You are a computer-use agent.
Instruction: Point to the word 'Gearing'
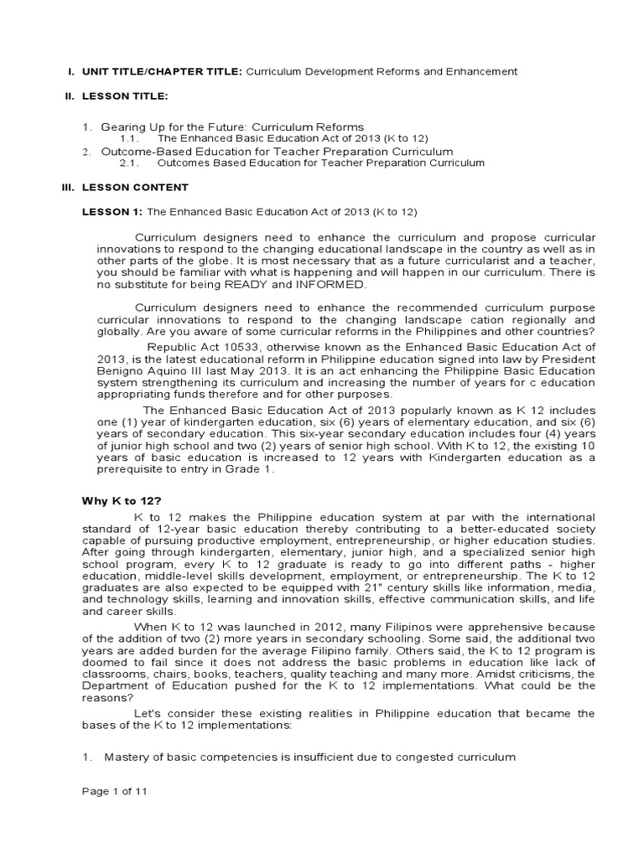[x=121, y=127]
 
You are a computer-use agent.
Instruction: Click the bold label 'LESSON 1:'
[x=112, y=212]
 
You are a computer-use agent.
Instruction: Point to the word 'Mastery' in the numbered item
[x=124, y=757]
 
